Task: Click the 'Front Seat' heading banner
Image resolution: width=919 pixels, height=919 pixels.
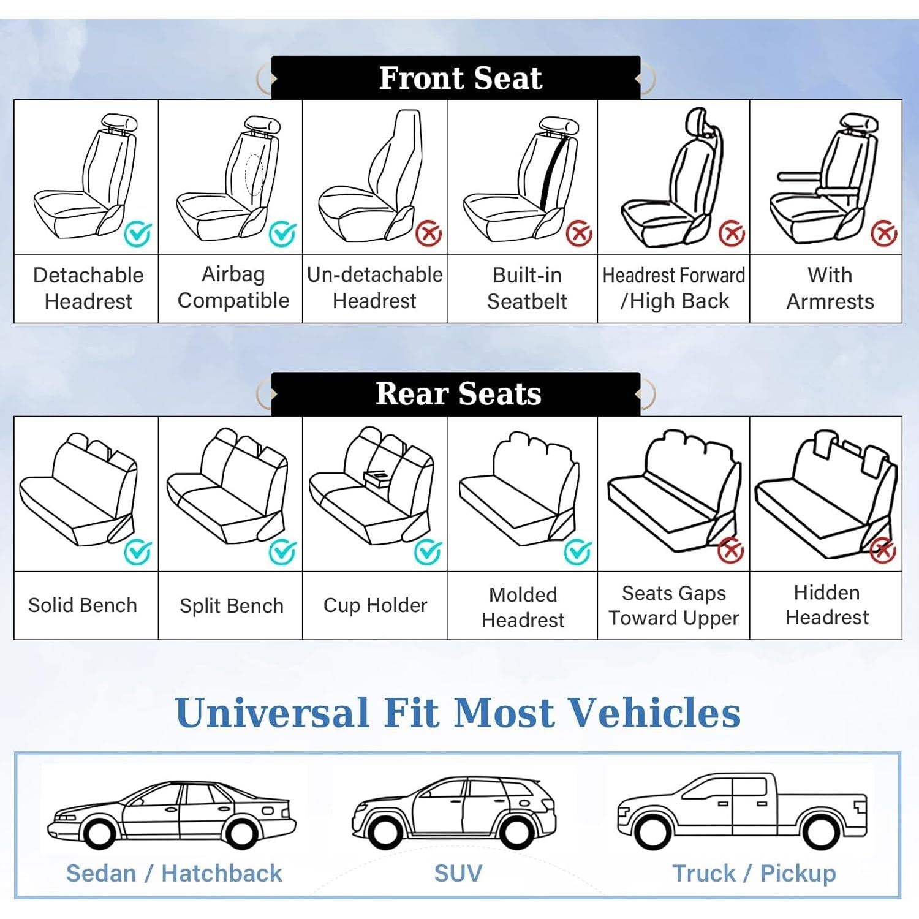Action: (456, 78)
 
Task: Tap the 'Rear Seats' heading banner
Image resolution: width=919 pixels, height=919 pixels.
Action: (456, 394)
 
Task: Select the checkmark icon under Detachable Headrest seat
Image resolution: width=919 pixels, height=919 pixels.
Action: (138, 233)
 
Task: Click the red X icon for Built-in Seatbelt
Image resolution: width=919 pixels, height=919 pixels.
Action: (578, 233)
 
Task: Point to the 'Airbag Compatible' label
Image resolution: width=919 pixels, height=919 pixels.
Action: (233, 287)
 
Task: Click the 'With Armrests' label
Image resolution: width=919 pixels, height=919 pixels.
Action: (830, 288)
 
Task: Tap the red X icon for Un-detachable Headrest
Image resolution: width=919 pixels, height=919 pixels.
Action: (429, 233)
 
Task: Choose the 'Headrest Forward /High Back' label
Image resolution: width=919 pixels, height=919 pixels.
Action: (673, 288)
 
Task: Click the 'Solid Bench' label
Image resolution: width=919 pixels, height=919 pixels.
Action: (83, 605)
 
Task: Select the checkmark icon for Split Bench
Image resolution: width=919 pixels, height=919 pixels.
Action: (282, 552)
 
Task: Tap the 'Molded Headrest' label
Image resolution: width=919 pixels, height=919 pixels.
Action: (523, 607)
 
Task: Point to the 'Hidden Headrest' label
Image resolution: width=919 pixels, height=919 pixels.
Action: (826, 605)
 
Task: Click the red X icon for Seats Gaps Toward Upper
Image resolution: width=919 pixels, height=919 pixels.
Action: (730, 550)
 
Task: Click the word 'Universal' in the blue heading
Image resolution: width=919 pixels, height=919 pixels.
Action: (272, 713)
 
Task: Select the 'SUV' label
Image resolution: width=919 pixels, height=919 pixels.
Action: (458, 873)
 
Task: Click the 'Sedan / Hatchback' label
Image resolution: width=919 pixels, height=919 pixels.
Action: (174, 873)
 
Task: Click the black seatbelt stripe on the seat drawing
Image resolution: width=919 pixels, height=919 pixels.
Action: (553, 173)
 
